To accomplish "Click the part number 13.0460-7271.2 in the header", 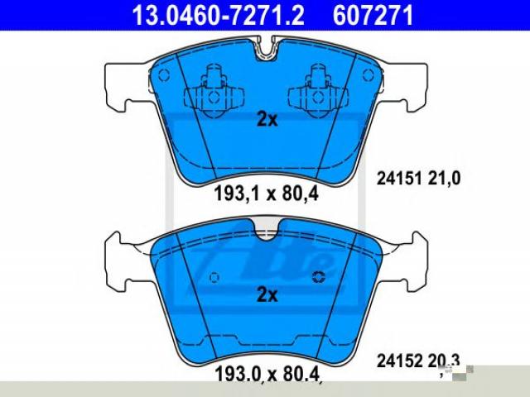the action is [218, 16].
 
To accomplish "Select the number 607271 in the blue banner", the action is [373, 16].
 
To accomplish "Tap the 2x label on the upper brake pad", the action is [267, 119].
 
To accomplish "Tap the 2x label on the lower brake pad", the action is [267, 294].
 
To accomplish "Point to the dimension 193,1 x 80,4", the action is [266, 194].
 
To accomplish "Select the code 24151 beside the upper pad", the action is [399, 179].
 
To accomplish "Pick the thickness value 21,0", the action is [444, 179].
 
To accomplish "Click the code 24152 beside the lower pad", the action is [399, 361].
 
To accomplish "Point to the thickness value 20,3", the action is [444, 361].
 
